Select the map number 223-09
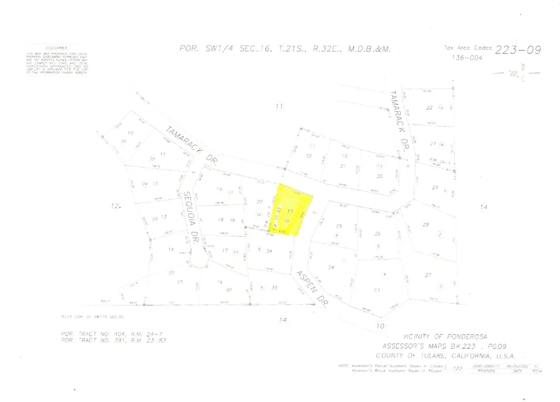[x=518, y=50]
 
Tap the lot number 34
[x=269, y=251]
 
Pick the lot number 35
[x=275, y=288]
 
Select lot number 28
[x=425, y=225]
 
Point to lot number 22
[x=429, y=108]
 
